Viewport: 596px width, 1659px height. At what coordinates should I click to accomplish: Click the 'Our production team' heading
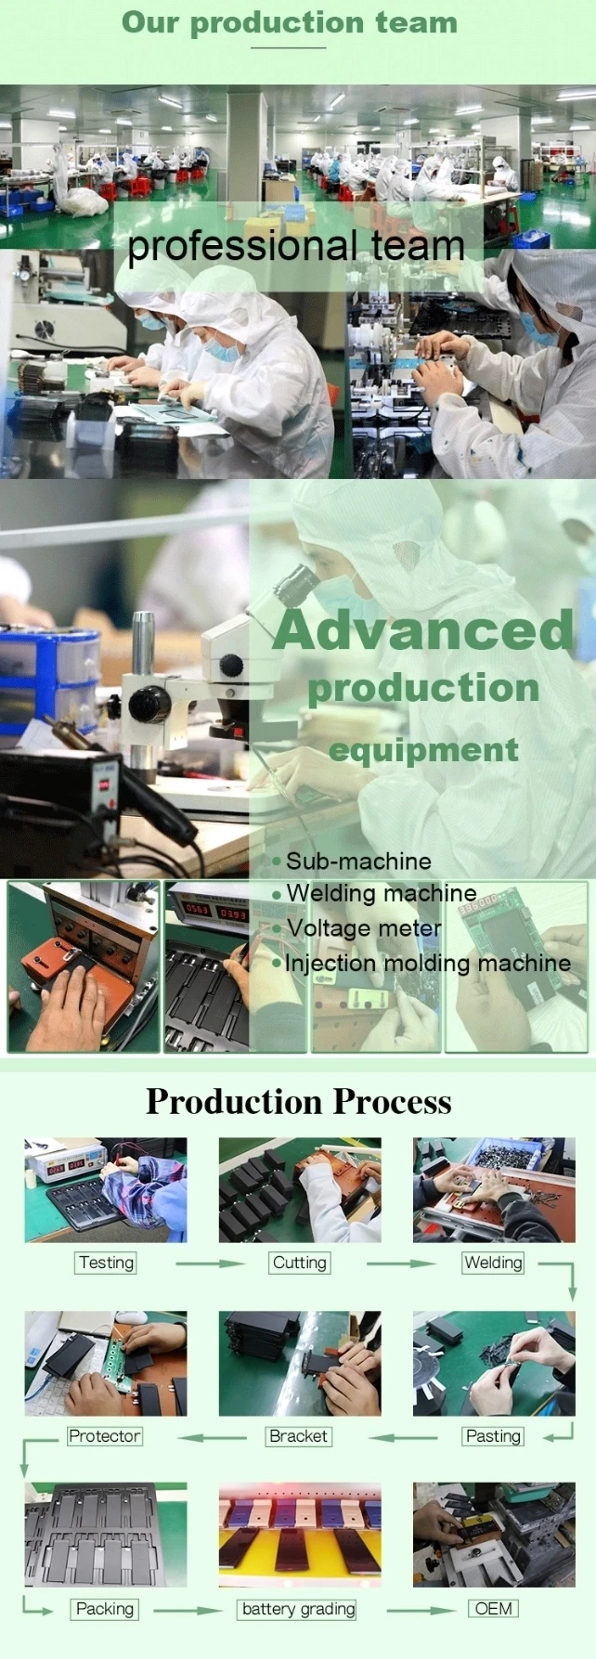point(290,22)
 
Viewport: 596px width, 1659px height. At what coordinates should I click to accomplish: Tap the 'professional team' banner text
point(296,246)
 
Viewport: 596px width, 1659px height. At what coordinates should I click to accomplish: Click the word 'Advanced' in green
point(424,629)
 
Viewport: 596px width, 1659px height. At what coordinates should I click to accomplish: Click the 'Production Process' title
point(299,1101)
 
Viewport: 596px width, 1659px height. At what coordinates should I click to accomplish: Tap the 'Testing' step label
point(107,1263)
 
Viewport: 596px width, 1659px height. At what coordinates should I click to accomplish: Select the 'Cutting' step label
point(300,1263)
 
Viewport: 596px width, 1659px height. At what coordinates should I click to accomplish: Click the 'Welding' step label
point(493,1263)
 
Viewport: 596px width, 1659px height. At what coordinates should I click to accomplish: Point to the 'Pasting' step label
point(493,1436)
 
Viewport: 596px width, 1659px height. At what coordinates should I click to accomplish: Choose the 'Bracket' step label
point(298,1436)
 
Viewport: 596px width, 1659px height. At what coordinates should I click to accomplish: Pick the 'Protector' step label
point(104,1436)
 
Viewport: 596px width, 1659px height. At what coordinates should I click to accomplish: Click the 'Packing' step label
point(105,1609)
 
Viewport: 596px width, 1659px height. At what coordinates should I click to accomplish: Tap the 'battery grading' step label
point(298,1609)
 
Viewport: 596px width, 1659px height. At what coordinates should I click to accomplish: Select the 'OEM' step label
point(493,1609)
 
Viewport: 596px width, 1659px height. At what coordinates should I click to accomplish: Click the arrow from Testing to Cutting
point(210,1264)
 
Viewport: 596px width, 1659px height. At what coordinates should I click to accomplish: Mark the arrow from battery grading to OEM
point(421,1611)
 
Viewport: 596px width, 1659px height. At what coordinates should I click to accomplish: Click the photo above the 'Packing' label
point(105,1535)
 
